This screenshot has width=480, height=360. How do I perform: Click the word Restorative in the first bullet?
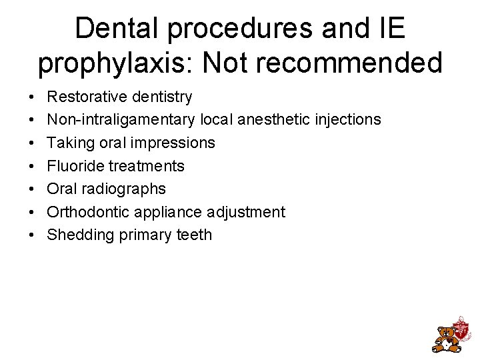pyautogui.click(x=87, y=97)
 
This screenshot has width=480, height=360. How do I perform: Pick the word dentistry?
pyautogui.click(x=161, y=97)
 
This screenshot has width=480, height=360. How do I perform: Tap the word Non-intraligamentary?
pyautogui.click(x=121, y=120)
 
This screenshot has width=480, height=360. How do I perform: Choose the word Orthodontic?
pyautogui.click(x=87, y=212)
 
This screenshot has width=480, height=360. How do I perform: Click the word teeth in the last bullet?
pyautogui.click(x=195, y=235)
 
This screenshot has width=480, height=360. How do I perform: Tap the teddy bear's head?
pyautogui.click(x=446, y=333)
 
